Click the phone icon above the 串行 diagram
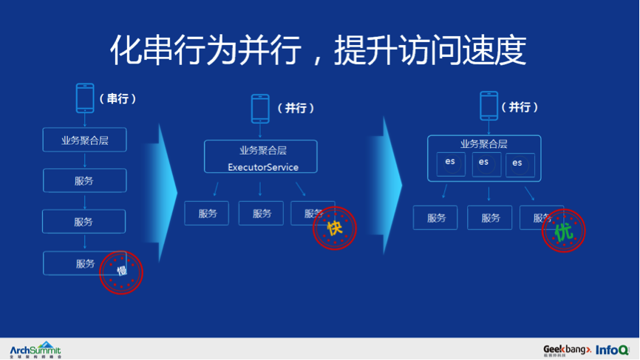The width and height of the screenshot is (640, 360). tap(85, 98)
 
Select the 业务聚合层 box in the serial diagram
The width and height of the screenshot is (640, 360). tap(84, 140)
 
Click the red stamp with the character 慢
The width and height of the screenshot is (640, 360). tap(121, 271)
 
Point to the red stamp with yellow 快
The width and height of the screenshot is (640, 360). tap(335, 228)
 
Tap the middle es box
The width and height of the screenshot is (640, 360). tap(484, 163)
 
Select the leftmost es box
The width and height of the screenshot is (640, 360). tap(450, 163)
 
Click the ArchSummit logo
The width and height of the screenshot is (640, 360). tap(35, 349)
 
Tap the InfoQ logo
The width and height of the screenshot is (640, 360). tap(613, 349)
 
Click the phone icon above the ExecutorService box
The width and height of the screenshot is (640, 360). tap(259, 108)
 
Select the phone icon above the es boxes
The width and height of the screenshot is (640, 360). tap(488, 106)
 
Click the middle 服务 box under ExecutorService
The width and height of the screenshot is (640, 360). tap(262, 214)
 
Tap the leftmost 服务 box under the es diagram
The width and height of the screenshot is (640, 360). tap(436, 218)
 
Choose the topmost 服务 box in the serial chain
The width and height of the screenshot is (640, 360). tap(84, 180)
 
